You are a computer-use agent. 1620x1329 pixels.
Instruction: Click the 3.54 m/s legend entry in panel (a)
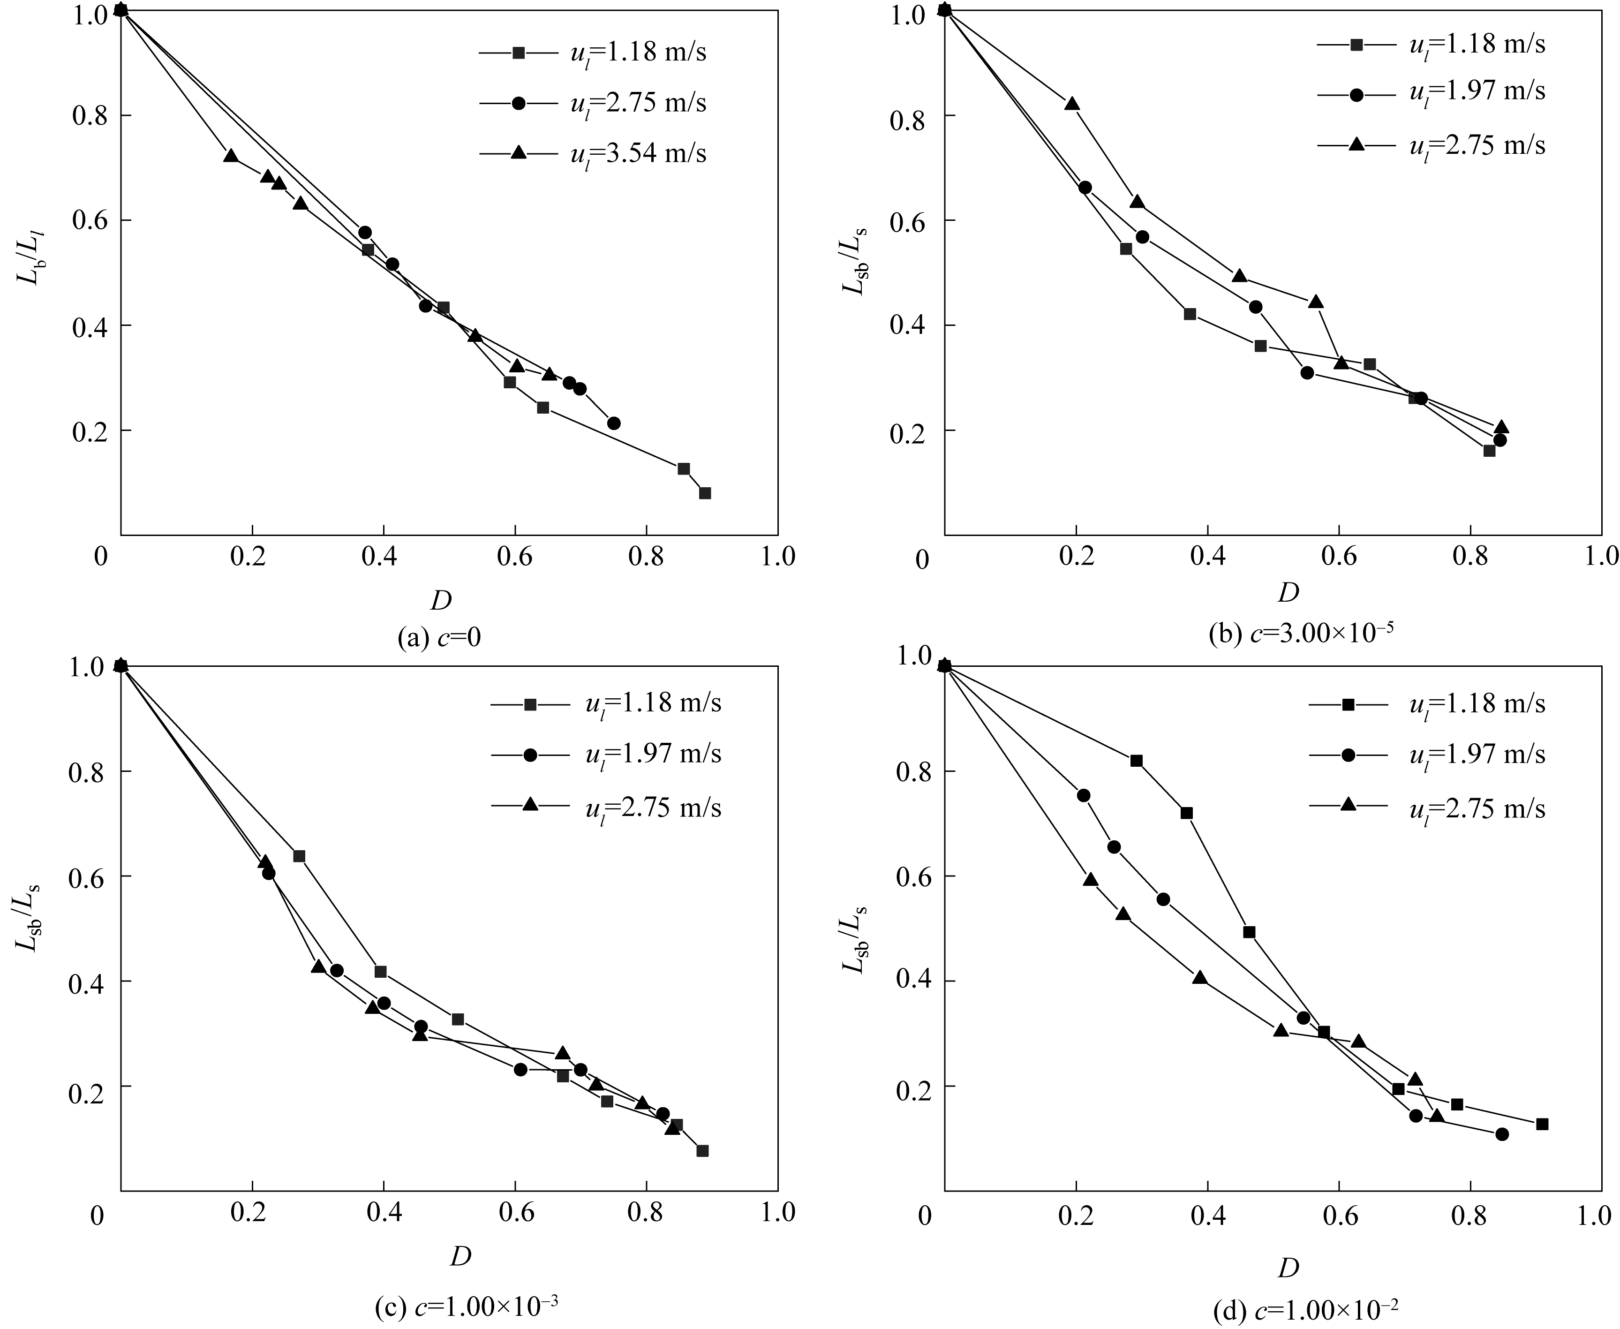pyautogui.click(x=593, y=154)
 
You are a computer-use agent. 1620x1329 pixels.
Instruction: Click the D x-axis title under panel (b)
pyautogui.click(x=1288, y=592)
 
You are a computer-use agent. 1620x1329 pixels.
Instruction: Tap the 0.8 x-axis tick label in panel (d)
pyautogui.click(x=1469, y=1216)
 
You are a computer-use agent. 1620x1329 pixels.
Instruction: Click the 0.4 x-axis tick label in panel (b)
pyautogui.click(x=1207, y=556)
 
